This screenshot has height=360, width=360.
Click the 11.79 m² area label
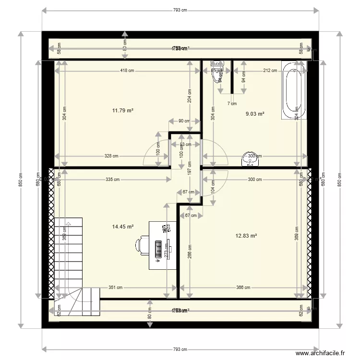tap(122, 110)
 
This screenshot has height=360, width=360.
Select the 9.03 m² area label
tap(255, 114)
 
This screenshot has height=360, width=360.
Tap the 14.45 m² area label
tap(122, 227)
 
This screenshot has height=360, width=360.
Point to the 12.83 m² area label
tap(246, 236)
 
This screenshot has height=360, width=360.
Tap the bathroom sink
tap(250, 159)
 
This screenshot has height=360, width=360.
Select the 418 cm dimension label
tap(127, 71)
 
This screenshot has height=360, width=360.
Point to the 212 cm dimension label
tap(270, 71)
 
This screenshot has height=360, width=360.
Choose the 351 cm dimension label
tap(116, 288)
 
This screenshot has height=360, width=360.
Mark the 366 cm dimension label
tap(243, 288)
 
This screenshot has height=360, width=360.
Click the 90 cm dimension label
tap(184, 121)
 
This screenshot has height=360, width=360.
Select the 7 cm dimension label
tap(232, 104)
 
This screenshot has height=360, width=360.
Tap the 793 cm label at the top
tap(180, 10)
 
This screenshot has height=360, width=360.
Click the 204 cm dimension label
tap(190, 96)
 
